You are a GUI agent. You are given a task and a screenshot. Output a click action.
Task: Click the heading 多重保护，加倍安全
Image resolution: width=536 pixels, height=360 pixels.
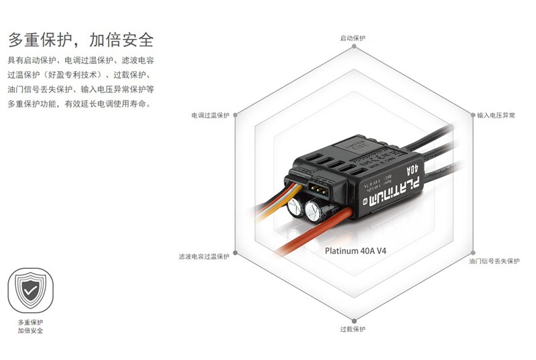point(81,38)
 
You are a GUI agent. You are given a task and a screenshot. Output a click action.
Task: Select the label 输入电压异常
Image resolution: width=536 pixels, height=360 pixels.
point(496,115)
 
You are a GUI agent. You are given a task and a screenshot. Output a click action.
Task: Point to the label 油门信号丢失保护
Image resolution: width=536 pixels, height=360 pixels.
point(494,261)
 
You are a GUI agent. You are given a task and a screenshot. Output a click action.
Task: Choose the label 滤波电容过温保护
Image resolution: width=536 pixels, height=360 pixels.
point(204,256)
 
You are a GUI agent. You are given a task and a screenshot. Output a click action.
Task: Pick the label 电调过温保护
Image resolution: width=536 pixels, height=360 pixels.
point(210,115)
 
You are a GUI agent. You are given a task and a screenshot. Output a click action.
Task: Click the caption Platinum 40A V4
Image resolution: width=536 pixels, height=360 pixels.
point(355,251)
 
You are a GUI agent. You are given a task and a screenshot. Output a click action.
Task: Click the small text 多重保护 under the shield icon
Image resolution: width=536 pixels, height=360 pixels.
point(30,322)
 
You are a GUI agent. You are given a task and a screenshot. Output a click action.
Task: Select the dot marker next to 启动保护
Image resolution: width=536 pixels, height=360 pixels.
point(353,48)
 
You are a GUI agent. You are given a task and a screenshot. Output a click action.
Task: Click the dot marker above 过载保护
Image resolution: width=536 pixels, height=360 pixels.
point(353,320)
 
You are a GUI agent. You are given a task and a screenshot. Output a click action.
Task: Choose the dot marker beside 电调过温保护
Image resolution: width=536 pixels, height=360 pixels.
point(235,115)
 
